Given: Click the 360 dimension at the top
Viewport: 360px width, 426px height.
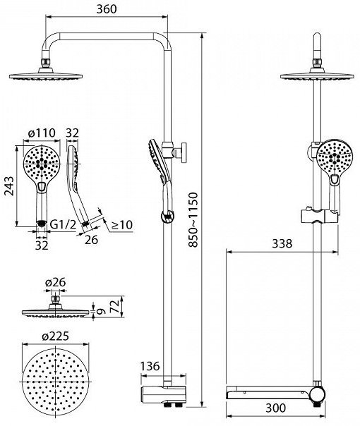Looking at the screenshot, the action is (107, 9).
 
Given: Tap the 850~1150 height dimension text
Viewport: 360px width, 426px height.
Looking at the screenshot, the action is (193, 219).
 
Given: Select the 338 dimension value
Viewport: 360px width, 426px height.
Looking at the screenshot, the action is (282, 244).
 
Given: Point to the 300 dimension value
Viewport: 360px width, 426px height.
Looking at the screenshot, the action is (276, 408).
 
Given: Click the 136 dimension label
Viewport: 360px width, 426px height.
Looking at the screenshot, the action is (150, 366).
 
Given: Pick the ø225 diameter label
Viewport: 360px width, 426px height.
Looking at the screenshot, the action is (56, 336).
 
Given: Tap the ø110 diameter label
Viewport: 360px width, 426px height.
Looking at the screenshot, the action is (42, 133).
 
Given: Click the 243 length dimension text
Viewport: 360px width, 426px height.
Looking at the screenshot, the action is (8, 185).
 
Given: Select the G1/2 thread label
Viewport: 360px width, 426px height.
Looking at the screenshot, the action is (63, 225).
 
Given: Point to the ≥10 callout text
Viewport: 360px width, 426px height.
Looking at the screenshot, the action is (122, 225).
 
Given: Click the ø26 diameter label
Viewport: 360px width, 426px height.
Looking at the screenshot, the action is (56, 283).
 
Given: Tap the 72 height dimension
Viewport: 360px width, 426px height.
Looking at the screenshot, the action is (115, 307).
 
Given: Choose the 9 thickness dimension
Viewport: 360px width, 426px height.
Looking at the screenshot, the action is (101, 311).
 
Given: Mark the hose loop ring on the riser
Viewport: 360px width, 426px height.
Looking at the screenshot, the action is (167, 217).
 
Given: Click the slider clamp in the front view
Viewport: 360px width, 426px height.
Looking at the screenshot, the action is (319, 216).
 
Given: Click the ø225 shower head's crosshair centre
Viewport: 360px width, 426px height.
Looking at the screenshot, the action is (56, 382).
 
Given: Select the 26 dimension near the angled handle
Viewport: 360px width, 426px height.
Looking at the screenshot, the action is (91, 240).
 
